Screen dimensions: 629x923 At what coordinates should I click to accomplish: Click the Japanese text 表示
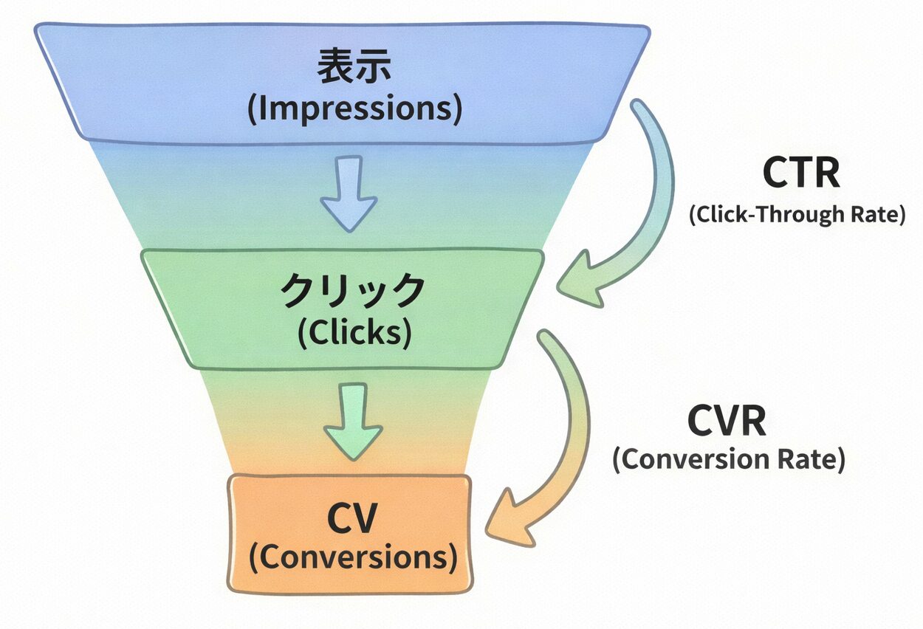pyautogui.click(x=354, y=68)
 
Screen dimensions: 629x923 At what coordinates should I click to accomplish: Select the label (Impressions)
pyautogui.click(x=354, y=109)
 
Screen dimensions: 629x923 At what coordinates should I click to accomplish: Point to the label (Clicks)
pyautogui.click(x=354, y=333)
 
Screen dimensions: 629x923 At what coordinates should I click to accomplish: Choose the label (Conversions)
pyautogui.click(x=352, y=558)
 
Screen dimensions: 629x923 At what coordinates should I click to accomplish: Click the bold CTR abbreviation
pyautogui.click(x=800, y=174)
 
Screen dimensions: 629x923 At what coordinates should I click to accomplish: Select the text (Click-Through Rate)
pyautogui.click(x=797, y=215)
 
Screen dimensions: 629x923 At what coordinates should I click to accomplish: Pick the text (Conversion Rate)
pyautogui.click(x=728, y=459)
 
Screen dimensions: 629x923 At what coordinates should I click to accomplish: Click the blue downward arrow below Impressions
pyautogui.click(x=348, y=193)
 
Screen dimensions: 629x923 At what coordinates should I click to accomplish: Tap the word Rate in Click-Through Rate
pyautogui.click(x=871, y=215)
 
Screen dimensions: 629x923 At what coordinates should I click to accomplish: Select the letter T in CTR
pyautogui.click(x=802, y=174)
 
